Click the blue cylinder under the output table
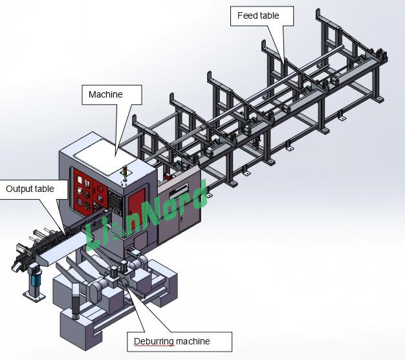[35, 281]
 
